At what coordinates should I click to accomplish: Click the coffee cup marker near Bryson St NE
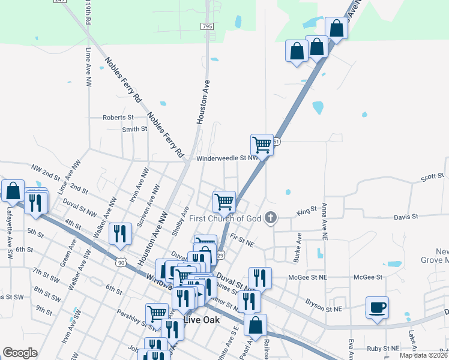click(x=377, y=308)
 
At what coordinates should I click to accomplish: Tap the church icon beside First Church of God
click(x=271, y=218)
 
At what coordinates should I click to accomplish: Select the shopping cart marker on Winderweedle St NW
click(x=262, y=145)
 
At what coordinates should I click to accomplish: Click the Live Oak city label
click(x=202, y=320)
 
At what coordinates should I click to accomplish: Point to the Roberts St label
click(x=118, y=118)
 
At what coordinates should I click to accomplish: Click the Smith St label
click(x=134, y=129)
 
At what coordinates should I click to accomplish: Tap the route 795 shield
click(x=207, y=26)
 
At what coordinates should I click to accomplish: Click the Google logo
click(x=20, y=353)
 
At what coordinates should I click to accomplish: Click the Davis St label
click(x=406, y=217)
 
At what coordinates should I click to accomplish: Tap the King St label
click(x=306, y=212)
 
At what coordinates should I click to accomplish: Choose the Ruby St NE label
click(x=382, y=348)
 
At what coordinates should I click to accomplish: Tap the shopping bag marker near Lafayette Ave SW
click(x=13, y=191)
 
